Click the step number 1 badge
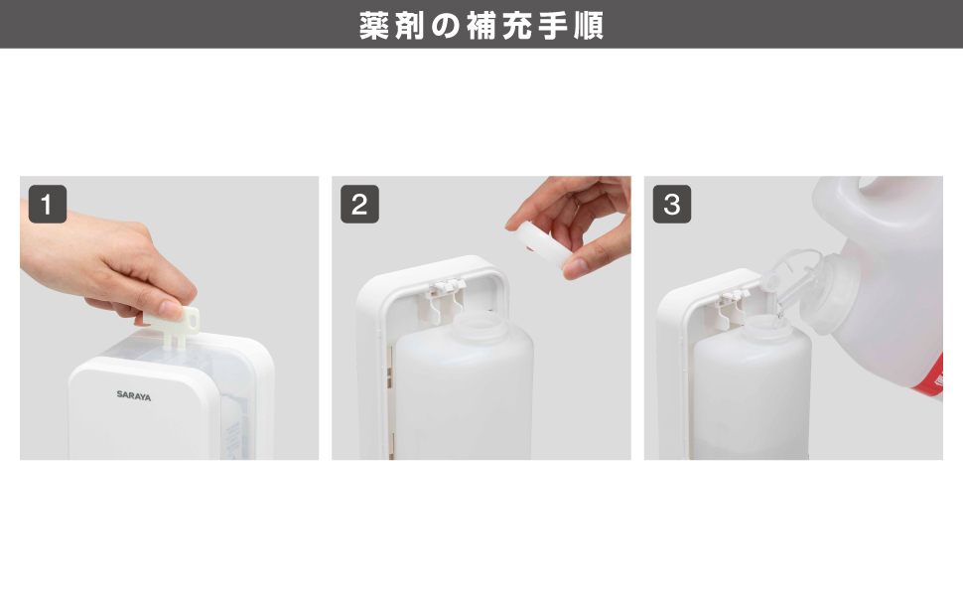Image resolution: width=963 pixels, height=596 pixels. [48, 205]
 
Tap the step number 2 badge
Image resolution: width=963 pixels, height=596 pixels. [359, 205]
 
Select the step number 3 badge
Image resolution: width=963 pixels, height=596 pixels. [672, 205]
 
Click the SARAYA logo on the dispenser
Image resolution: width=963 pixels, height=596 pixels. [133, 394]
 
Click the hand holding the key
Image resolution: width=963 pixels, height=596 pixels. [109, 268]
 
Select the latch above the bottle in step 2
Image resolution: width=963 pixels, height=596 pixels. [444, 289]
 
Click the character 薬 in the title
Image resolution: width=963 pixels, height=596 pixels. [374, 25]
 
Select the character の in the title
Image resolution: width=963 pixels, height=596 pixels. [446, 25]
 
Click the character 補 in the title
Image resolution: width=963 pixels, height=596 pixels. [481, 25]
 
